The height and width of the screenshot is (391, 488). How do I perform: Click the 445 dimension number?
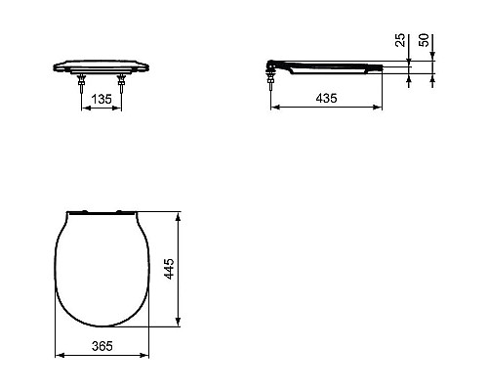click(x=169, y=268)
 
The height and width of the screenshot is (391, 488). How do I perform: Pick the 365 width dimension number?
click(x=102, y=345)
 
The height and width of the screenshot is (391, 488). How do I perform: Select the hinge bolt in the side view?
click(x=267, y=78)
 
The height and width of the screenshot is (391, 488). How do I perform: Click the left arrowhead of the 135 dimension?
click(x=82, y=108)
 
